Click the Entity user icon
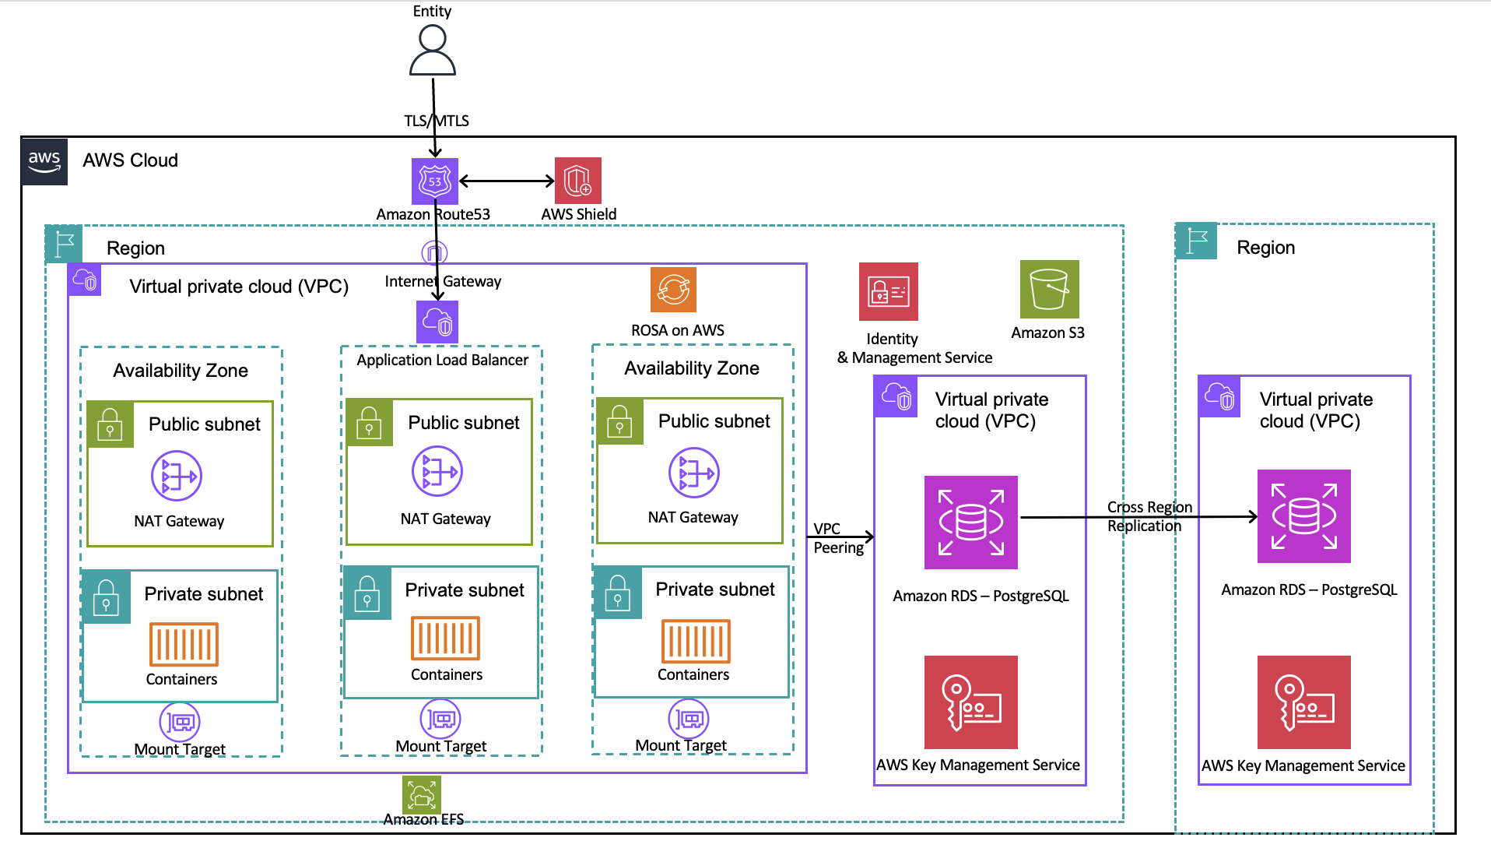433,51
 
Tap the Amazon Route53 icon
434,181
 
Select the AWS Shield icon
577,181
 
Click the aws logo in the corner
44,161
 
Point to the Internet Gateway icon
434,252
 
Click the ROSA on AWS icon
673,290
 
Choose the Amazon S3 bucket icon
1049,289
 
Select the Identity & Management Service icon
888,292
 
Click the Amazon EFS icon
422,794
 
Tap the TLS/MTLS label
436,121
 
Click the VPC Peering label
837,538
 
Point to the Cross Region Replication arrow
1136,516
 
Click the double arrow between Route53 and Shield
507,181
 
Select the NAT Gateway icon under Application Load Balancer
437,471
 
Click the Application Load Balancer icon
437,322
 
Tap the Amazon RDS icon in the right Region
1303,516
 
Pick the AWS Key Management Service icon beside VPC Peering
970,702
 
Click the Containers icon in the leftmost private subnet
184,644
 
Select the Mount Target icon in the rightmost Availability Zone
689,718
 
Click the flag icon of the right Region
1196,241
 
